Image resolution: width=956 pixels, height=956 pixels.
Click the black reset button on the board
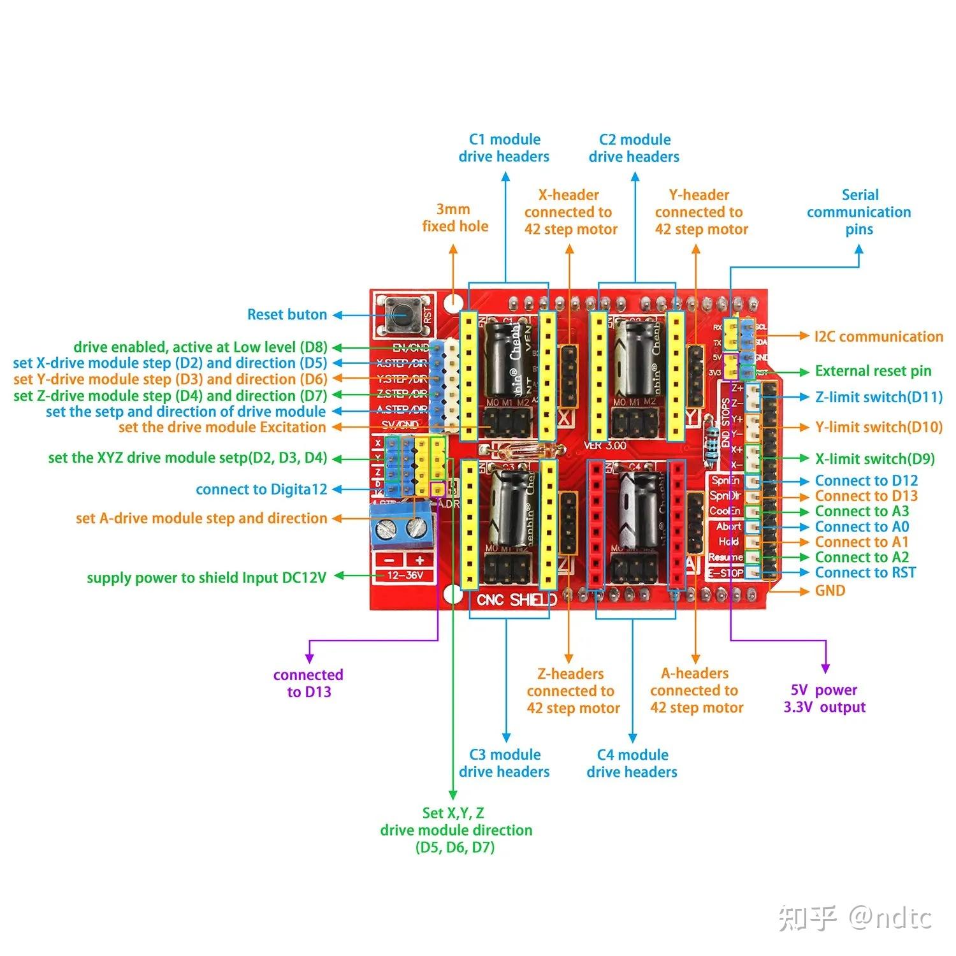point(402,314)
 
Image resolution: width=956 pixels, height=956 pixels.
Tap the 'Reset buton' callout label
point(287,314)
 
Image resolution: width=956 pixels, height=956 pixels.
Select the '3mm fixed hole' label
point(454,217)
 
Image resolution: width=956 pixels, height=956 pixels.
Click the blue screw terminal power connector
point(403,526)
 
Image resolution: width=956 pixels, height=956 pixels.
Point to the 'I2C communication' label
point(878,337)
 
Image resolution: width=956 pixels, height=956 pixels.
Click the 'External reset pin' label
point(873,371)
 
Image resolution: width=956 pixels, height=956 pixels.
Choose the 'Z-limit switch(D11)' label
point(878,397)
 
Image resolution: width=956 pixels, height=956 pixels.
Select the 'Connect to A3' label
point(862,511)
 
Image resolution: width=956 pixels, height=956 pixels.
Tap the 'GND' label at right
point(830,591)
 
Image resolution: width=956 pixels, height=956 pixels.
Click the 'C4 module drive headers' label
point(632,763)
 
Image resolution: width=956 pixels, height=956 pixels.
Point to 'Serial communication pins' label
point(859,212)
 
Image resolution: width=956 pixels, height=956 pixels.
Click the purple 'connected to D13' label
point(308,683)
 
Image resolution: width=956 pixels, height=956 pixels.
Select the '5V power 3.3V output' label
point(824,699)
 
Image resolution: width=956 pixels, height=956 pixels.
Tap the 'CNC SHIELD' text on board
point(516,600)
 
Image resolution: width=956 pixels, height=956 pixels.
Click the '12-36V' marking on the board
point(404,576)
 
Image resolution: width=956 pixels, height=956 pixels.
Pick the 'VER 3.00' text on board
point(605,445)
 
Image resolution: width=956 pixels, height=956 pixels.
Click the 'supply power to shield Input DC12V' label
point(206,578)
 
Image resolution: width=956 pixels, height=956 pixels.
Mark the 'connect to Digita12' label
point(261,489)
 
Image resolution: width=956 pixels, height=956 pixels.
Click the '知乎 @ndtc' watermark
point(854,918)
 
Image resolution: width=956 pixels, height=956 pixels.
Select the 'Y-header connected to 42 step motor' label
point(700,212)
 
